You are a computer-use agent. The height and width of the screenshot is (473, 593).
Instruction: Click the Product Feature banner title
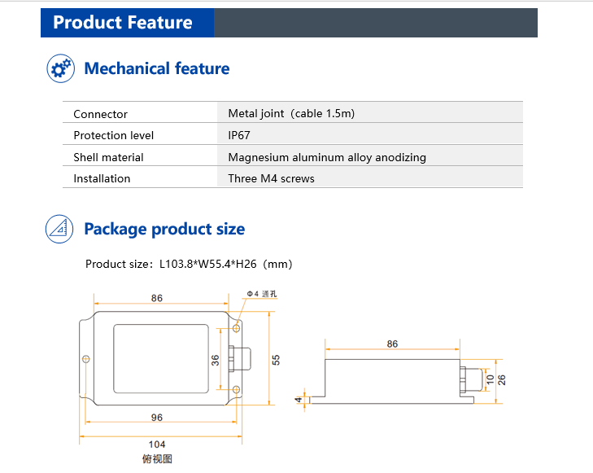123,22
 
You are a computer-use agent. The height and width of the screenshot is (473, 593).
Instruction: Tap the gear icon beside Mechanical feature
60,68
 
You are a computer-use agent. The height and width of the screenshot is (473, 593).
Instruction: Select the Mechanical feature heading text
156,68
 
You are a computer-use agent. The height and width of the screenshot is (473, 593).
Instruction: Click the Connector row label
100,114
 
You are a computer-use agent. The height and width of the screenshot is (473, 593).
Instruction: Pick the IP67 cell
239,135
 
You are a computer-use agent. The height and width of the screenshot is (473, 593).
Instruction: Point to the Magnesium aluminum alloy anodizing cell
327,157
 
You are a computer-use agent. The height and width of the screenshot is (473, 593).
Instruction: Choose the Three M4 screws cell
271,178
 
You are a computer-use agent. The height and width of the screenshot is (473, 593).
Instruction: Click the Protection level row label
113,135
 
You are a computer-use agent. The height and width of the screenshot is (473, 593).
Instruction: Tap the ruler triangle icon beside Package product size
59,229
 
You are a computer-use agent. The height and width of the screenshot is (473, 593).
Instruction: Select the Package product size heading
164,229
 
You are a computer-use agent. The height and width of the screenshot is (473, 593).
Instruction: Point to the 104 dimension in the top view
157,445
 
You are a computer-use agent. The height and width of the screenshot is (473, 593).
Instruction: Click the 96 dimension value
157,418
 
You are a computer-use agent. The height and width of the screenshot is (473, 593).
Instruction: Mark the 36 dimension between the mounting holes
216,360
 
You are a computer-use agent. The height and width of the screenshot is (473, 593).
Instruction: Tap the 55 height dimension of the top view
276,360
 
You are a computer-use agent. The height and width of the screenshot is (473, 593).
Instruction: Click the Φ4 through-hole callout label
262,294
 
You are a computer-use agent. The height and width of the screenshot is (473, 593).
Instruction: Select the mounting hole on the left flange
86,359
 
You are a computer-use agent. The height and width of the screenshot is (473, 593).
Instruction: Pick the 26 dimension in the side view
502,379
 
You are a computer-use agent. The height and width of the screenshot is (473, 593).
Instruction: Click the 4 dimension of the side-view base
299,400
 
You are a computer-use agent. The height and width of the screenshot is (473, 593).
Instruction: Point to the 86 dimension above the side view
392,344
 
